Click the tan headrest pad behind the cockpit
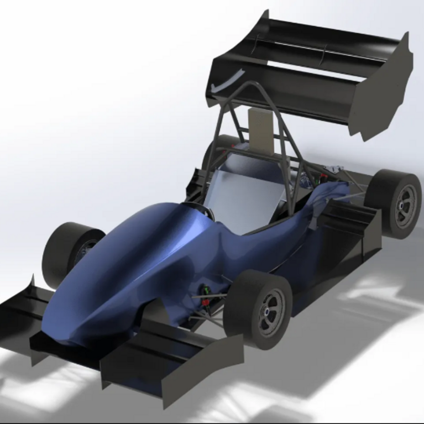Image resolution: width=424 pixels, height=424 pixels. coord(260,130)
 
